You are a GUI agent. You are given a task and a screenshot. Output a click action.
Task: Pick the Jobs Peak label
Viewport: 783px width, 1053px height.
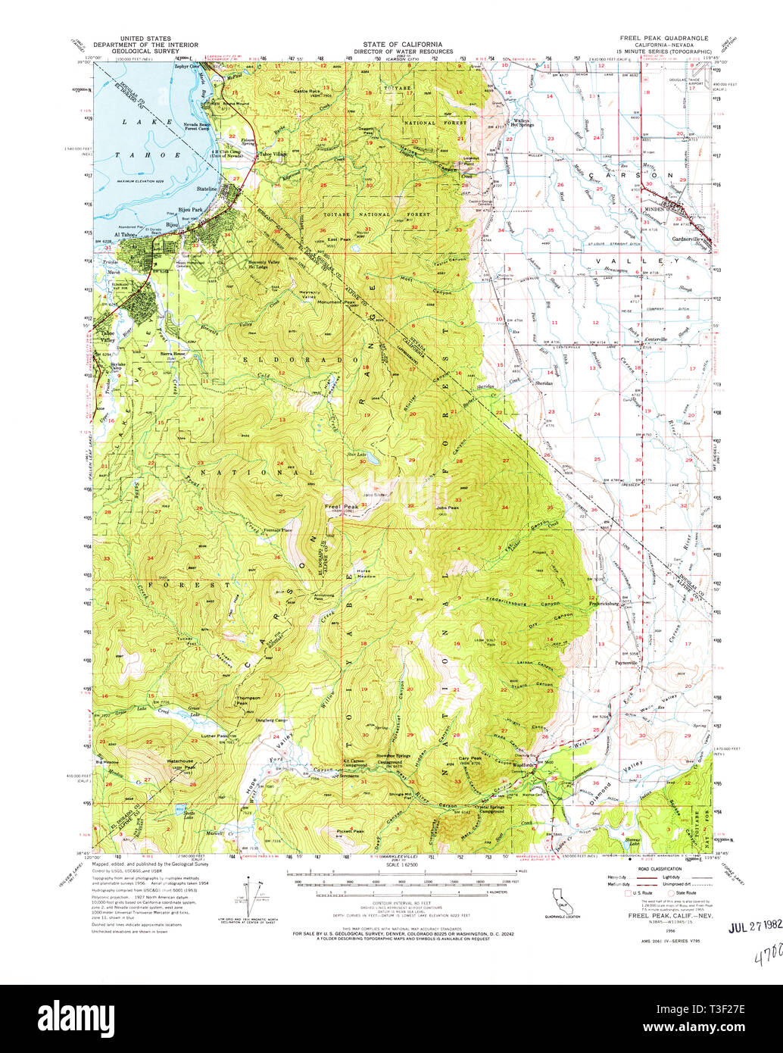(447, 508)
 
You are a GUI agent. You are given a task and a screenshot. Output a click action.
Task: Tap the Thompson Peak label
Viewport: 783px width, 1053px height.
(227, 699)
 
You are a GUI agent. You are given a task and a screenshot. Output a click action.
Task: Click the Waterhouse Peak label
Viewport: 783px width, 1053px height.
(180, 761)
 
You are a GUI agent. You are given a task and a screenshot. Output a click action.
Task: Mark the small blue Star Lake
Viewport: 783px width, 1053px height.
(374, 460)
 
